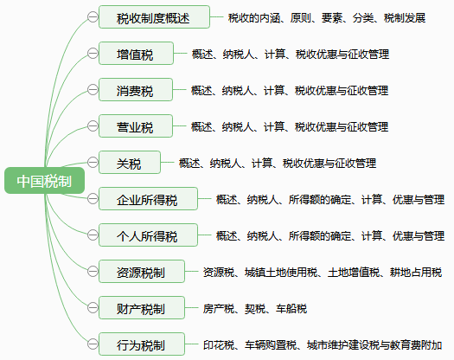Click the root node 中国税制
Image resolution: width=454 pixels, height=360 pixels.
pos(45,180)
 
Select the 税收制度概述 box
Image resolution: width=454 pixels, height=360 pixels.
pos(154,16)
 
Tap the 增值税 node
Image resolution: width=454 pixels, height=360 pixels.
pos(136,54)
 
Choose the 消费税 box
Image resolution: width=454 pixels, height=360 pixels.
pos(136,89)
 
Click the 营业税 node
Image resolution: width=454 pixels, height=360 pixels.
pos(136,126)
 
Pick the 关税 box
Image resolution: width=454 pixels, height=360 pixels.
pos(130,163)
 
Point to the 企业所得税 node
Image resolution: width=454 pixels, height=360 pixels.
pos(148,198)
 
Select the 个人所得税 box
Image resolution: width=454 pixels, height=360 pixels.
pos(148,235)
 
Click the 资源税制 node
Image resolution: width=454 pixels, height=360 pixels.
pos(142,272)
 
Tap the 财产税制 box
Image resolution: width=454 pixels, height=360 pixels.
pos(142,307)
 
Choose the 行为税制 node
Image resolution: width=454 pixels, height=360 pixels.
pos(142,344)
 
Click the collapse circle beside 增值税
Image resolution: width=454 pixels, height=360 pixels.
pos(93,54)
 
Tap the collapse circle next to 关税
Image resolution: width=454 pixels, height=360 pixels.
pos(93,163)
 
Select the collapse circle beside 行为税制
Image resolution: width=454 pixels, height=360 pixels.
pos(93,344)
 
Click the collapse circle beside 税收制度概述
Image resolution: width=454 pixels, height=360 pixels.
pos(93,16)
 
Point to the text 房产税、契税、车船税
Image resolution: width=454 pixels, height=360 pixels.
pos(255,309)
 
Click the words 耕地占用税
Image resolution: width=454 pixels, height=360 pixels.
pos(416,273)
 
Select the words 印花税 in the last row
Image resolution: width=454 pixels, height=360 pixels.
pos(219,345)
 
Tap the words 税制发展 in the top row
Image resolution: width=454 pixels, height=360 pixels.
pos(405,18)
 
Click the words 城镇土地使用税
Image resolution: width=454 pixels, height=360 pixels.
pos(281,273)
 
